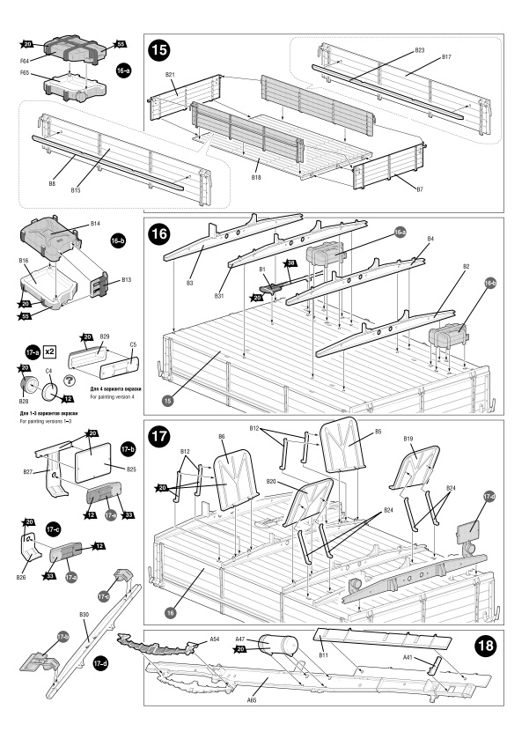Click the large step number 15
coord(159,52)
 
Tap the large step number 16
coord(159,235)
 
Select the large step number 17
coord(159,437)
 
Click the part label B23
coord(420,51)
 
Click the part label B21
coord(170,75)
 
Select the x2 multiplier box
coord(51,351)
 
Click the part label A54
coord(215,639)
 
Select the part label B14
coord(95,224)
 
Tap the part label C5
coord(133,344)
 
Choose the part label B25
coord(131,469)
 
